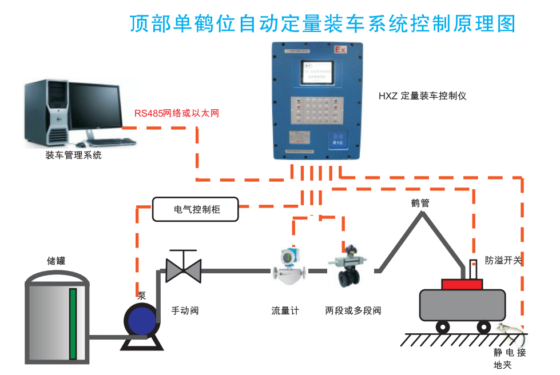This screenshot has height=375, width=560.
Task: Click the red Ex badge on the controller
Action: pyautogui.click(x=340, y=50)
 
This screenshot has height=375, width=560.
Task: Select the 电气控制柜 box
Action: pyautogui.click(x=195, y=210)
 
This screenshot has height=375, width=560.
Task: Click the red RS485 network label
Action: pyautogui.click(x=177, y=113)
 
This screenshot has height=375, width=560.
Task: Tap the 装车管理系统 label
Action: pyautogui.click(x=73, y=155)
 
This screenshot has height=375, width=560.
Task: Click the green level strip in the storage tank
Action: pyautogui.click(x=73, y=324)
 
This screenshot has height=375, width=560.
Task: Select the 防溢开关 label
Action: pyautogui.click(x=503, y=260)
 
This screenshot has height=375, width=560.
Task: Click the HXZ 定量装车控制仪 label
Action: pyautogui.click(x=422, y=95)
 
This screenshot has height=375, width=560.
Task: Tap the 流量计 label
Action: pyautogui.click(x=285, y=311)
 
